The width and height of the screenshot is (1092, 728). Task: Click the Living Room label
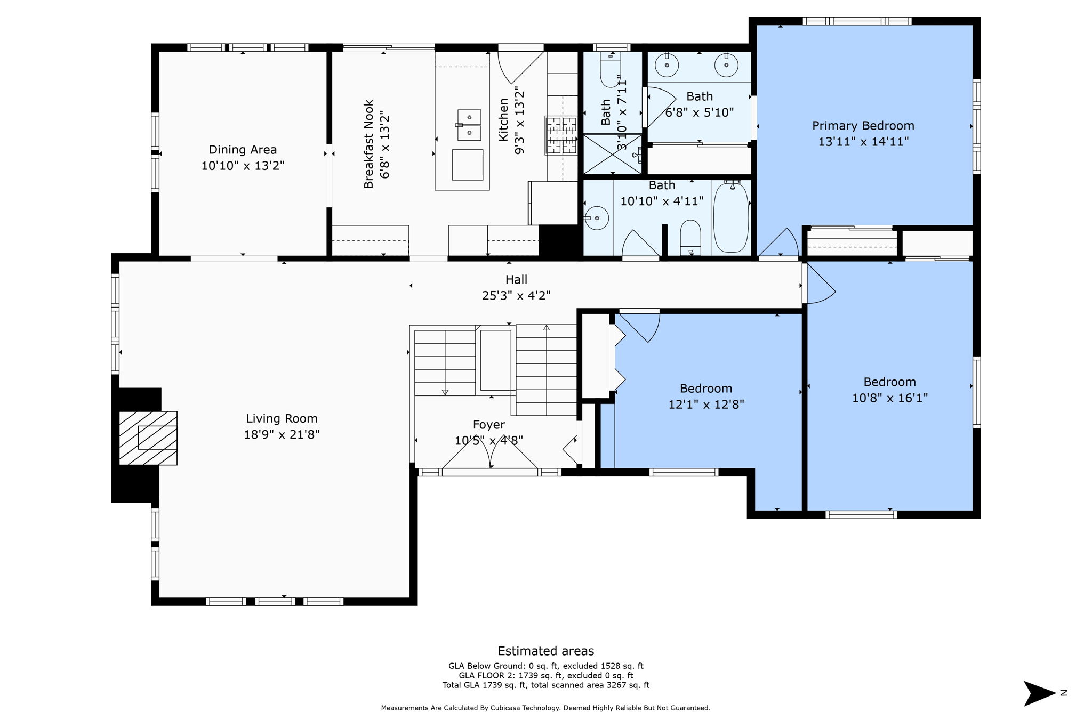point(282,419)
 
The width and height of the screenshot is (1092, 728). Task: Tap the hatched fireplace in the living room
point(148,438)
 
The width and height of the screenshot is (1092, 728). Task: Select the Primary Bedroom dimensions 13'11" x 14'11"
point(863,142)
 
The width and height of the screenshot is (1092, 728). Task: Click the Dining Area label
point(243,150)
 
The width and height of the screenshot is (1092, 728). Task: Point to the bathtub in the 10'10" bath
point(731,217)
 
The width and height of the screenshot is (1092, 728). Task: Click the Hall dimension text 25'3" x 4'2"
point(516,295)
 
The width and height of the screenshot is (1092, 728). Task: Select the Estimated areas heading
point(546,651)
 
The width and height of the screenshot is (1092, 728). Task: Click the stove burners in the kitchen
point(561,135)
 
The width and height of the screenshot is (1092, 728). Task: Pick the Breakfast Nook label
point(368,144)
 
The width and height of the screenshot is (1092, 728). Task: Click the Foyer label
point(489,425)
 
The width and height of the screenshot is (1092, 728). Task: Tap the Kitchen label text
point(503,120)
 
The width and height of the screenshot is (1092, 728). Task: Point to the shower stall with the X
point(613,154)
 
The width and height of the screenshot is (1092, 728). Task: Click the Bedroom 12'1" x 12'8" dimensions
point(706,405)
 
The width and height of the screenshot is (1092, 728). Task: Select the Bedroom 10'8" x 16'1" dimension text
point(890,398)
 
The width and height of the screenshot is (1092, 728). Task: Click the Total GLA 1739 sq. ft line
point(546,685)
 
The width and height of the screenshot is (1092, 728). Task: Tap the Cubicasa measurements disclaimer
point(545,708)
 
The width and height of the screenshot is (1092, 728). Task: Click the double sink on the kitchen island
point(469,125)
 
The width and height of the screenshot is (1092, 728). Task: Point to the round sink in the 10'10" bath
point(597,218)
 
